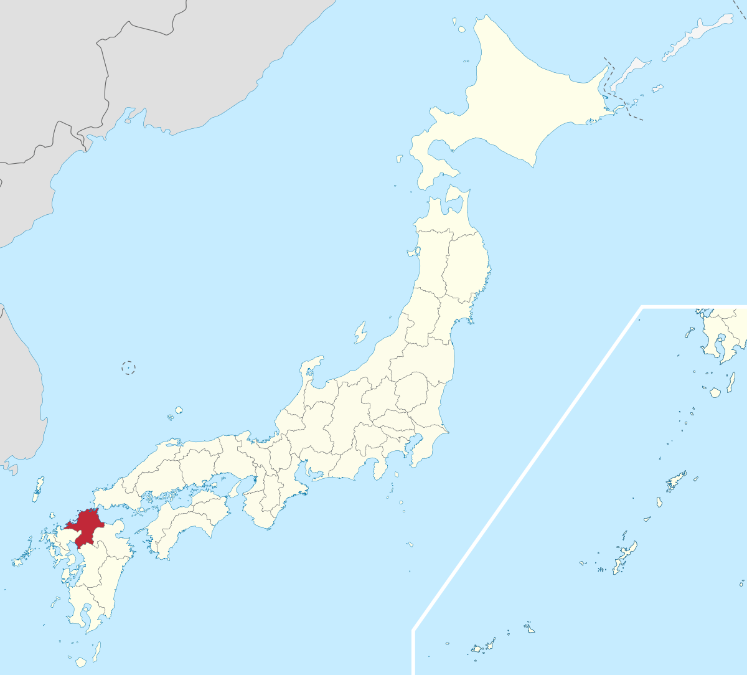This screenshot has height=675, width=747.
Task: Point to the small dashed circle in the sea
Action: point(128,367)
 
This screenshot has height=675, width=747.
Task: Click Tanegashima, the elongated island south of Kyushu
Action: point(97,651)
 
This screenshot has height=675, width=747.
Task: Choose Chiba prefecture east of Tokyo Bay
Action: point(430,442)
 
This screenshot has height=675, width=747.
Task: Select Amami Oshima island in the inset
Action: point(676,481)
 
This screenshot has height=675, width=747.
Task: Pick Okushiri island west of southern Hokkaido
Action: point(399,159)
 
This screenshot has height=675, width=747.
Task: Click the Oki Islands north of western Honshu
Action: point(179,410)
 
